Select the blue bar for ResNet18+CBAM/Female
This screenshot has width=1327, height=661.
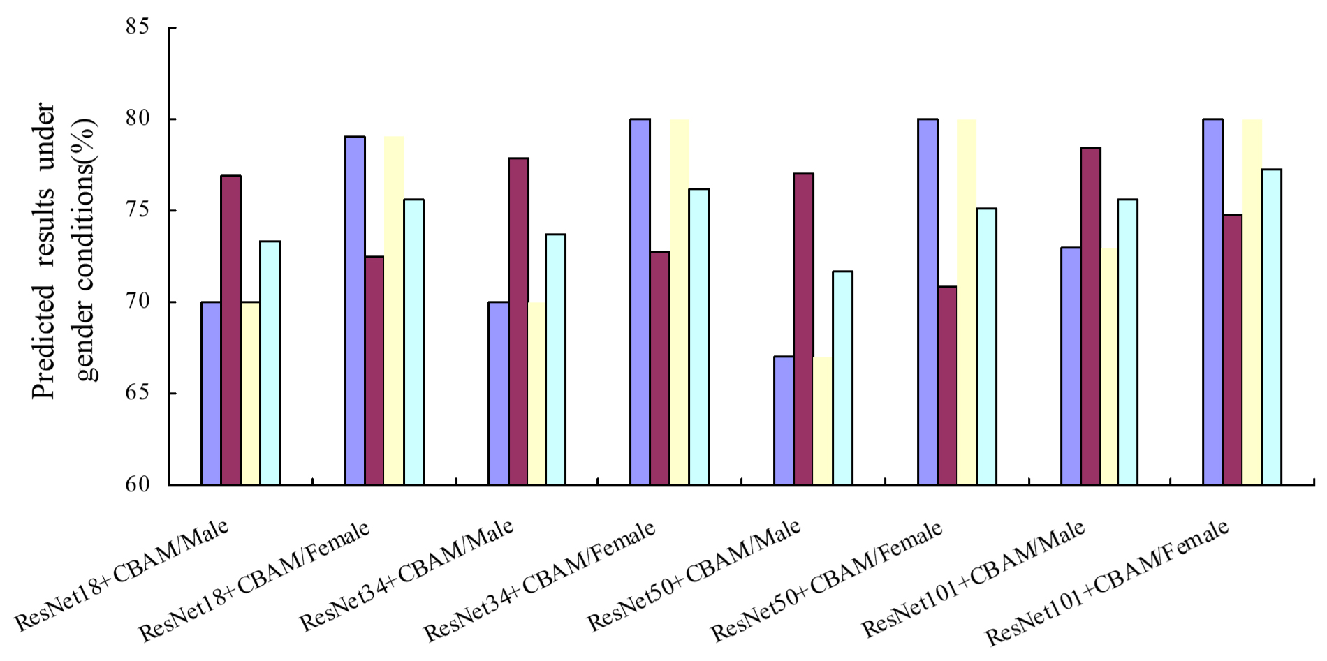[355, 311]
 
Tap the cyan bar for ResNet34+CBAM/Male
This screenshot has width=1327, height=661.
[556, 359]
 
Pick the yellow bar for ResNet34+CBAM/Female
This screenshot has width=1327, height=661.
[680, 302]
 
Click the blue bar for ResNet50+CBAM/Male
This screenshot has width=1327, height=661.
[784, 420]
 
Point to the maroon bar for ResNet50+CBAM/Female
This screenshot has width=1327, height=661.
[947, 385]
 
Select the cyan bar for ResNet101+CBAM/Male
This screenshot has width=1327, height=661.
[1127, 342]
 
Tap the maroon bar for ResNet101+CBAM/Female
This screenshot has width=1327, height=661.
[1233, 350]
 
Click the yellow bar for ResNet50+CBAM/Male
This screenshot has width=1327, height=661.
[823, 421]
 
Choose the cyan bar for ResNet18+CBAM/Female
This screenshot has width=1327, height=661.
[413, 342]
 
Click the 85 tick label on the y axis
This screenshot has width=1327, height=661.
[138, 27]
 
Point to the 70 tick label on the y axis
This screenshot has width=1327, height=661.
[138, 302]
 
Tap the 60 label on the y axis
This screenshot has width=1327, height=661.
[138, 484]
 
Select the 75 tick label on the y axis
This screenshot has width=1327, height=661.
[138, 210]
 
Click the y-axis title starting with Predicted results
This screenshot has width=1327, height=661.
[63, 251]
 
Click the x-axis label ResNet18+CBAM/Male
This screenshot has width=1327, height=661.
[122, 576]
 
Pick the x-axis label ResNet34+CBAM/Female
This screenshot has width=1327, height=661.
[540, 581]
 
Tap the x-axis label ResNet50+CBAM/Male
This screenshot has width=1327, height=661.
[694, 576]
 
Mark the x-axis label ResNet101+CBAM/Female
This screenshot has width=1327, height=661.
[1107, 583]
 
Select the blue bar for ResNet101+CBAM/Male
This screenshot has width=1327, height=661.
[1071, 366]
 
